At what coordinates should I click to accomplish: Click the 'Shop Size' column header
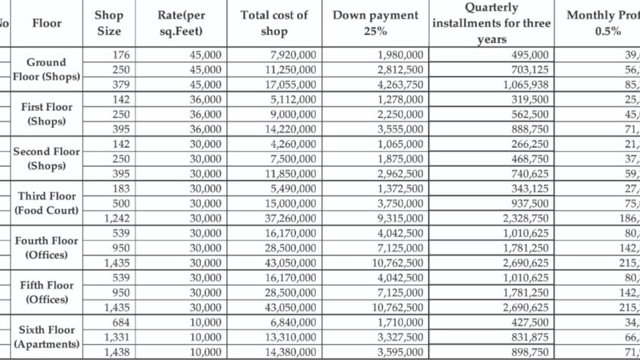pyautogui.click(x=108, y=23)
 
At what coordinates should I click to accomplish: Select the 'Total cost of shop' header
pyautogui.click(x=274, y=23)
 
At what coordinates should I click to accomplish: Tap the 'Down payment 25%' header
pyautogui.click(x=375, y=23)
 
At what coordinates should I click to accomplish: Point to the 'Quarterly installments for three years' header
pyautogui.click(x=491, y=23)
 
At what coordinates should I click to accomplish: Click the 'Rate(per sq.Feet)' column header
pyautogui.click(x=181, y=23)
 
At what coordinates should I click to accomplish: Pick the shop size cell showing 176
pyautogui.click(x=121, y=55)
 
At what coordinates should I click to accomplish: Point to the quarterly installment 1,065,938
pyautogui.click(x=525, y=84)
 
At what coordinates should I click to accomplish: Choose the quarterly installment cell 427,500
pyautogui.click(x=530, y=322)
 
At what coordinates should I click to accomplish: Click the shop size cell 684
pyautogui.click(x=121, y=322)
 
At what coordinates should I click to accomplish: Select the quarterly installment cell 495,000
pyautogui.click(x=530, y=55)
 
